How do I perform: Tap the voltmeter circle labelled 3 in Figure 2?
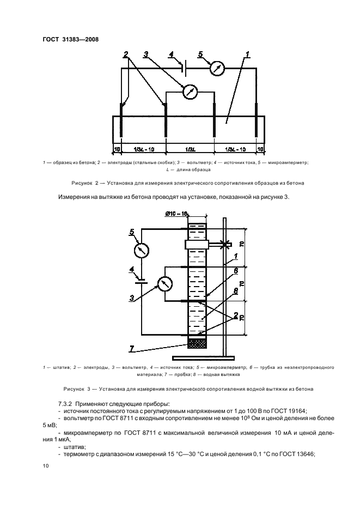(190, 92)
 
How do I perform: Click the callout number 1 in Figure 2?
(247, 54)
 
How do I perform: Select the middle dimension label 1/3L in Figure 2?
(190, 148)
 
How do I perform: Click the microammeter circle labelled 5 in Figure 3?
(142, 250)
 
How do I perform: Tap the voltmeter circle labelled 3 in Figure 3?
(164, 283)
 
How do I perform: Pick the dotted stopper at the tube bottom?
(196, 343)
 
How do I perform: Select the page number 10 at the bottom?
(45, 466)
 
